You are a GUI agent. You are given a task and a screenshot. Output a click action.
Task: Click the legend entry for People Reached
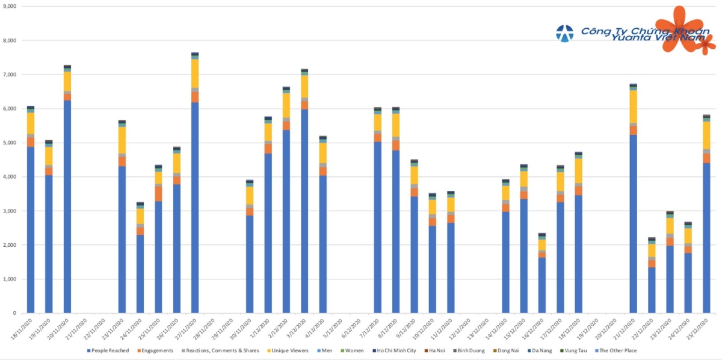(x=108, y=350)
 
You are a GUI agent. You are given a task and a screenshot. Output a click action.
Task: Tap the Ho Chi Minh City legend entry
(x=392, y=350)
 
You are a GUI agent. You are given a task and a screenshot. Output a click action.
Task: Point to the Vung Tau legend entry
(x=568, y=350)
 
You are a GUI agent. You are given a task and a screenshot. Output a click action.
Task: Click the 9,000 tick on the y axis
(x=10, y=6)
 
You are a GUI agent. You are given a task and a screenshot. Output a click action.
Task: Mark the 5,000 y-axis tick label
(x=10, y=143)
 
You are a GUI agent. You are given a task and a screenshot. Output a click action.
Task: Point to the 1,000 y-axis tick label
(x=10, y=279)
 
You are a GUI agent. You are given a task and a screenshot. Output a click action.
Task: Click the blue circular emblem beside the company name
(x=564, y=34)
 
